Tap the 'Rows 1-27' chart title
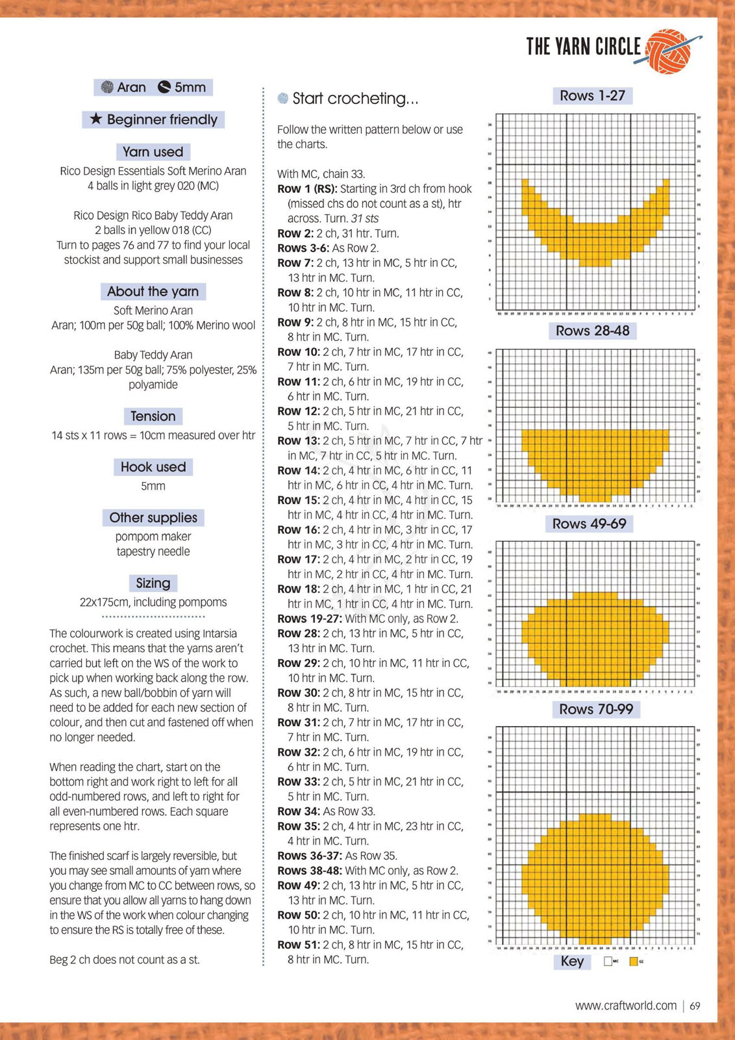592,96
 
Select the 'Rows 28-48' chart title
592,331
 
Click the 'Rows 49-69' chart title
589,524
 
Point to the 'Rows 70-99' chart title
596,709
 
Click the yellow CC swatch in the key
633,961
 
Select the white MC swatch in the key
608,961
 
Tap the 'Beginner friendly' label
162,120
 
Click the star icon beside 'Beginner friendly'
96,119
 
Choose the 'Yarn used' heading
153,152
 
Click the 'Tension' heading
153,416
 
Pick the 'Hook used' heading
153,467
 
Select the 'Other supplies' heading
153,518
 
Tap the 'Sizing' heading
153,583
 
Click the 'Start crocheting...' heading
355,99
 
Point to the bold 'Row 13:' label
298,441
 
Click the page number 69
695,1006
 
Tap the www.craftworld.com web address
625,1006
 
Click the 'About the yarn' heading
153,292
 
